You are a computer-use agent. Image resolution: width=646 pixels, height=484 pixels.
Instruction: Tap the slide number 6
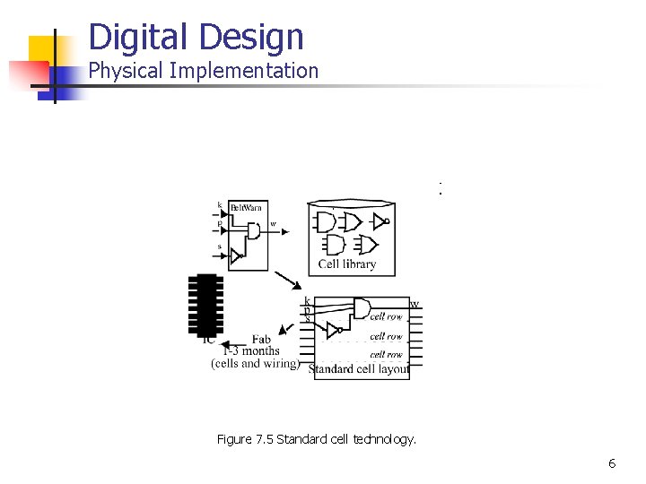point(612,463)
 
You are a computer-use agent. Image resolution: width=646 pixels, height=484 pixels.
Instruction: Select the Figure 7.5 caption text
point(317,439)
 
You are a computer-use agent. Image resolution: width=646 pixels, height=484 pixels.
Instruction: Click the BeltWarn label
point(247,207)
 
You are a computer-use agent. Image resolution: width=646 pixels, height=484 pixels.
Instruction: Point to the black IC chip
point(206,305)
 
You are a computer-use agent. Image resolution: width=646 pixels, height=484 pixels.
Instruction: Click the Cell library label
point(347,264)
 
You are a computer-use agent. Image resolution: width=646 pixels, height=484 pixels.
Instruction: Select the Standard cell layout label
point(360,368)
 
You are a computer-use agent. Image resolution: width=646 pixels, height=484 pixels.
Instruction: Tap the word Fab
point(261,339)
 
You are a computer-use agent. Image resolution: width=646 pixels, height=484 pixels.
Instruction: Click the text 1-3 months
point(251,350)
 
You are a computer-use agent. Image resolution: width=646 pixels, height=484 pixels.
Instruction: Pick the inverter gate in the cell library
point(380,220)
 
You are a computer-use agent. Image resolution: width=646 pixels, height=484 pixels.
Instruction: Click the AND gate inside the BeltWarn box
point(253,230)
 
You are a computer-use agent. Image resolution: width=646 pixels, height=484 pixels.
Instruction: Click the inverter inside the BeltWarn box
point(237,256)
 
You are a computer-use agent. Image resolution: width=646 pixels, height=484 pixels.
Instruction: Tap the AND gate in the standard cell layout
point(362,309)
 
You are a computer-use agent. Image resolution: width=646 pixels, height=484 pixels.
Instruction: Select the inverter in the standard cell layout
point(333,332)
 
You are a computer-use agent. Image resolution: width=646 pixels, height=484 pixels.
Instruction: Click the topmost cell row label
point(387,316)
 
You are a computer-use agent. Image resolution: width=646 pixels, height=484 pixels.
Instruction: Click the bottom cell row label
point(387,355)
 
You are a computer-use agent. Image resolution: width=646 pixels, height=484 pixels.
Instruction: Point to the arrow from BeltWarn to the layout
point(288,281)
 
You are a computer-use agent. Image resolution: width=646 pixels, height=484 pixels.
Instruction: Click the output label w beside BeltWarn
point(273,223)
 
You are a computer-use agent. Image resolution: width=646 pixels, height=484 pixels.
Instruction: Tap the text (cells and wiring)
point(256,363)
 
